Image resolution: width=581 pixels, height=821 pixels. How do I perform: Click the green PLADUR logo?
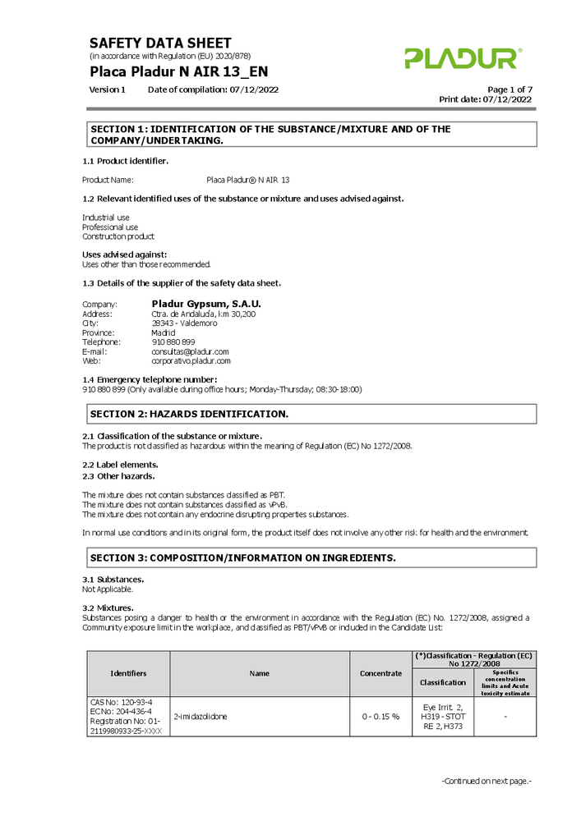point(462,58)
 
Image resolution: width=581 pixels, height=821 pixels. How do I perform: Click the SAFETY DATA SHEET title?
point(160,43)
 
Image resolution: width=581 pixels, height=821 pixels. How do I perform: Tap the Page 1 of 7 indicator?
point(510,89)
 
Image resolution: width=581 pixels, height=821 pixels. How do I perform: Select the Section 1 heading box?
point(311,135)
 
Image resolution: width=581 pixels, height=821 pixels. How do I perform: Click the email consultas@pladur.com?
point(190,351)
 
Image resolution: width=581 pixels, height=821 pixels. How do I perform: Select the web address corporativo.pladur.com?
point(191,360)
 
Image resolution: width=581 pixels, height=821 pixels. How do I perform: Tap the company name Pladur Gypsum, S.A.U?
point(205,304)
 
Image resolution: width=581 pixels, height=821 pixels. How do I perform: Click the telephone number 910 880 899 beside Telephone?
point(173,342)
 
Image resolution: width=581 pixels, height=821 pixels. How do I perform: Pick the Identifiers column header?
point(128,673)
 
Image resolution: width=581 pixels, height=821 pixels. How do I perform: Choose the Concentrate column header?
point(380,673)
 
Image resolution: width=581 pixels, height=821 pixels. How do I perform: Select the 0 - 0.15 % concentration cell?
point(380,717)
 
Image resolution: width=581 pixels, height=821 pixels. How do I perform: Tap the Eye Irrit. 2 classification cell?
point(442,717)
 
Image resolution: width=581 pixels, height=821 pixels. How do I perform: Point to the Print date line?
point(485,99)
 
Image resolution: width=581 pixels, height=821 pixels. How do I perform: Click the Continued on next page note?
point(486,781)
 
